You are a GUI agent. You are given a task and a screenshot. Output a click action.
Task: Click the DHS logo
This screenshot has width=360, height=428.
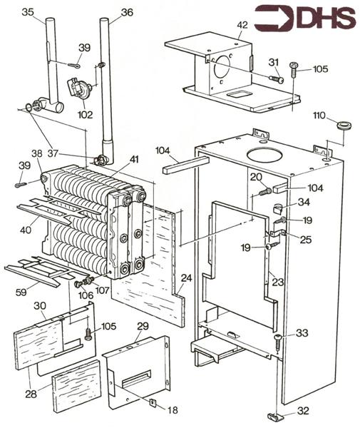(305, 18)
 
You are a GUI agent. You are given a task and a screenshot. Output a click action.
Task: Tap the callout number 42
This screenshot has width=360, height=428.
(242, 25)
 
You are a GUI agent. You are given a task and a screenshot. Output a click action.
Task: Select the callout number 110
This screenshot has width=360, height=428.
(319, 116)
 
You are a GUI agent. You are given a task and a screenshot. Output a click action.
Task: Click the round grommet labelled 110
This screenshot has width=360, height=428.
(344, 126)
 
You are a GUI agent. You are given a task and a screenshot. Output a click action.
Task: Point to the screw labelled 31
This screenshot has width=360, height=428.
(277, 78)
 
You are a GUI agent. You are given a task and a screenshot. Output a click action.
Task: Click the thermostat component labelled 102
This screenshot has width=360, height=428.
(78, 88)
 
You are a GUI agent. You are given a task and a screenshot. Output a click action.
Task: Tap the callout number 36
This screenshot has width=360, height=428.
(127, 12)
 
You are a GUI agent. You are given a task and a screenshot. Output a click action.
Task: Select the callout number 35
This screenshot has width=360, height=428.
(28, 12)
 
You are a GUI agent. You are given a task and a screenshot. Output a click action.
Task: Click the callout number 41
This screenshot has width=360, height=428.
(133, 159)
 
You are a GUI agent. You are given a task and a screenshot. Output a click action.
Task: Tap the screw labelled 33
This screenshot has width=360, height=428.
(279, 342)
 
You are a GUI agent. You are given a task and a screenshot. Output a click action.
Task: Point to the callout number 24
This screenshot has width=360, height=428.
(187, 278)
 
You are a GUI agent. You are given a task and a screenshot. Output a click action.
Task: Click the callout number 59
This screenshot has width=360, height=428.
(21, 292)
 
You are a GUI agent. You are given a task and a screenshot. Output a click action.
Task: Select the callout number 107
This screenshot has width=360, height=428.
(103, 290)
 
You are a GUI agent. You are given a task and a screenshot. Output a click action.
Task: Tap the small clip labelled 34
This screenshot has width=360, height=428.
(277, 210)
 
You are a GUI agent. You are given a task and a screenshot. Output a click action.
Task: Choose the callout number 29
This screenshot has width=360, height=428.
(143, 326)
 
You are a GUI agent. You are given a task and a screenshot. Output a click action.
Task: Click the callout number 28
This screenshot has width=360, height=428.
(31, 394)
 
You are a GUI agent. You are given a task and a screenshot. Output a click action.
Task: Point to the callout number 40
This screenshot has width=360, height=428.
(26, 230)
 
